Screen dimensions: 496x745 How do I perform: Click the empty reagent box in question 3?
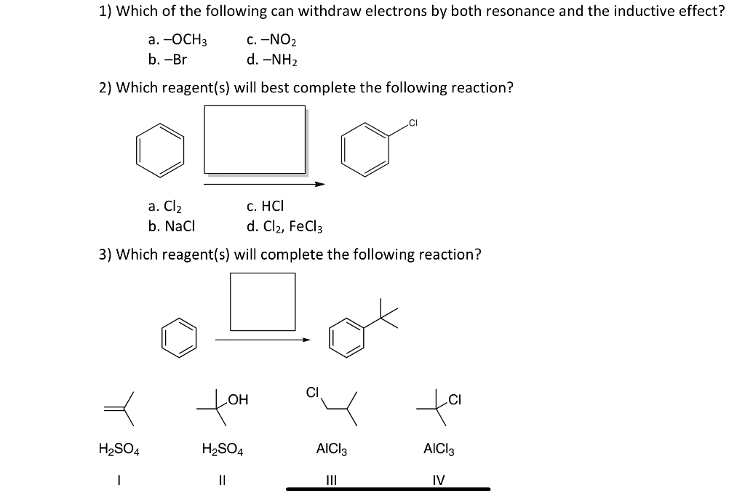(x=263, y=301)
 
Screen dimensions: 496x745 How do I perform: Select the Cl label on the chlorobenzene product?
(x=413, y=122)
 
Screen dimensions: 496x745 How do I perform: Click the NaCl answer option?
(x=166, y=226)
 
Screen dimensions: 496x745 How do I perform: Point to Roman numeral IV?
(x=438, y=480)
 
